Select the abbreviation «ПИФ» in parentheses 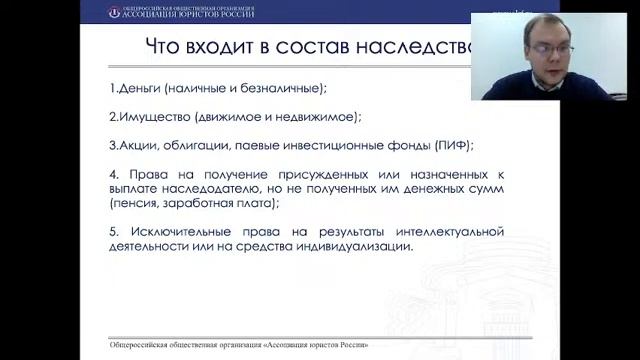(x=449, y=143)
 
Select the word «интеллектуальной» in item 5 (x=450, y=232)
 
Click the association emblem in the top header (x=114, y=12)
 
